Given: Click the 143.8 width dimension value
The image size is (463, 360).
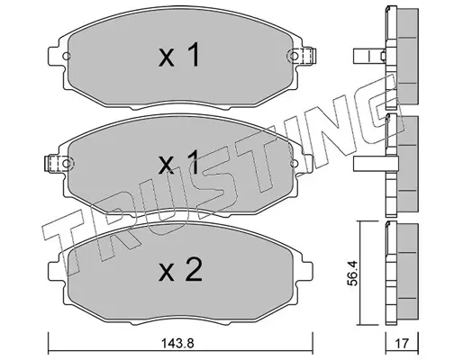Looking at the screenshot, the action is click(x=177, y=343).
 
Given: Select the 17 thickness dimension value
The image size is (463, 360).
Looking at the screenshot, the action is click(x=402, y=343).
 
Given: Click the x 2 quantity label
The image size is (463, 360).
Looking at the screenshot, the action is click(x=180, y=270).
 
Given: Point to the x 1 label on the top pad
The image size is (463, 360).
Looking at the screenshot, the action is click(x=179, y=55).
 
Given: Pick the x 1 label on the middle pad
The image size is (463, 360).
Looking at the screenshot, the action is click(x=179, y=162).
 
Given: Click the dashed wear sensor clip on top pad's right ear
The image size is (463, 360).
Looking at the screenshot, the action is click(x=304, y=56).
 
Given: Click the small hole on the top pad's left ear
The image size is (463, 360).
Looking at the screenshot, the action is click(x=67, y=56).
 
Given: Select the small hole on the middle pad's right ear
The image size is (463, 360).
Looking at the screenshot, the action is click(x=295, y=163).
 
